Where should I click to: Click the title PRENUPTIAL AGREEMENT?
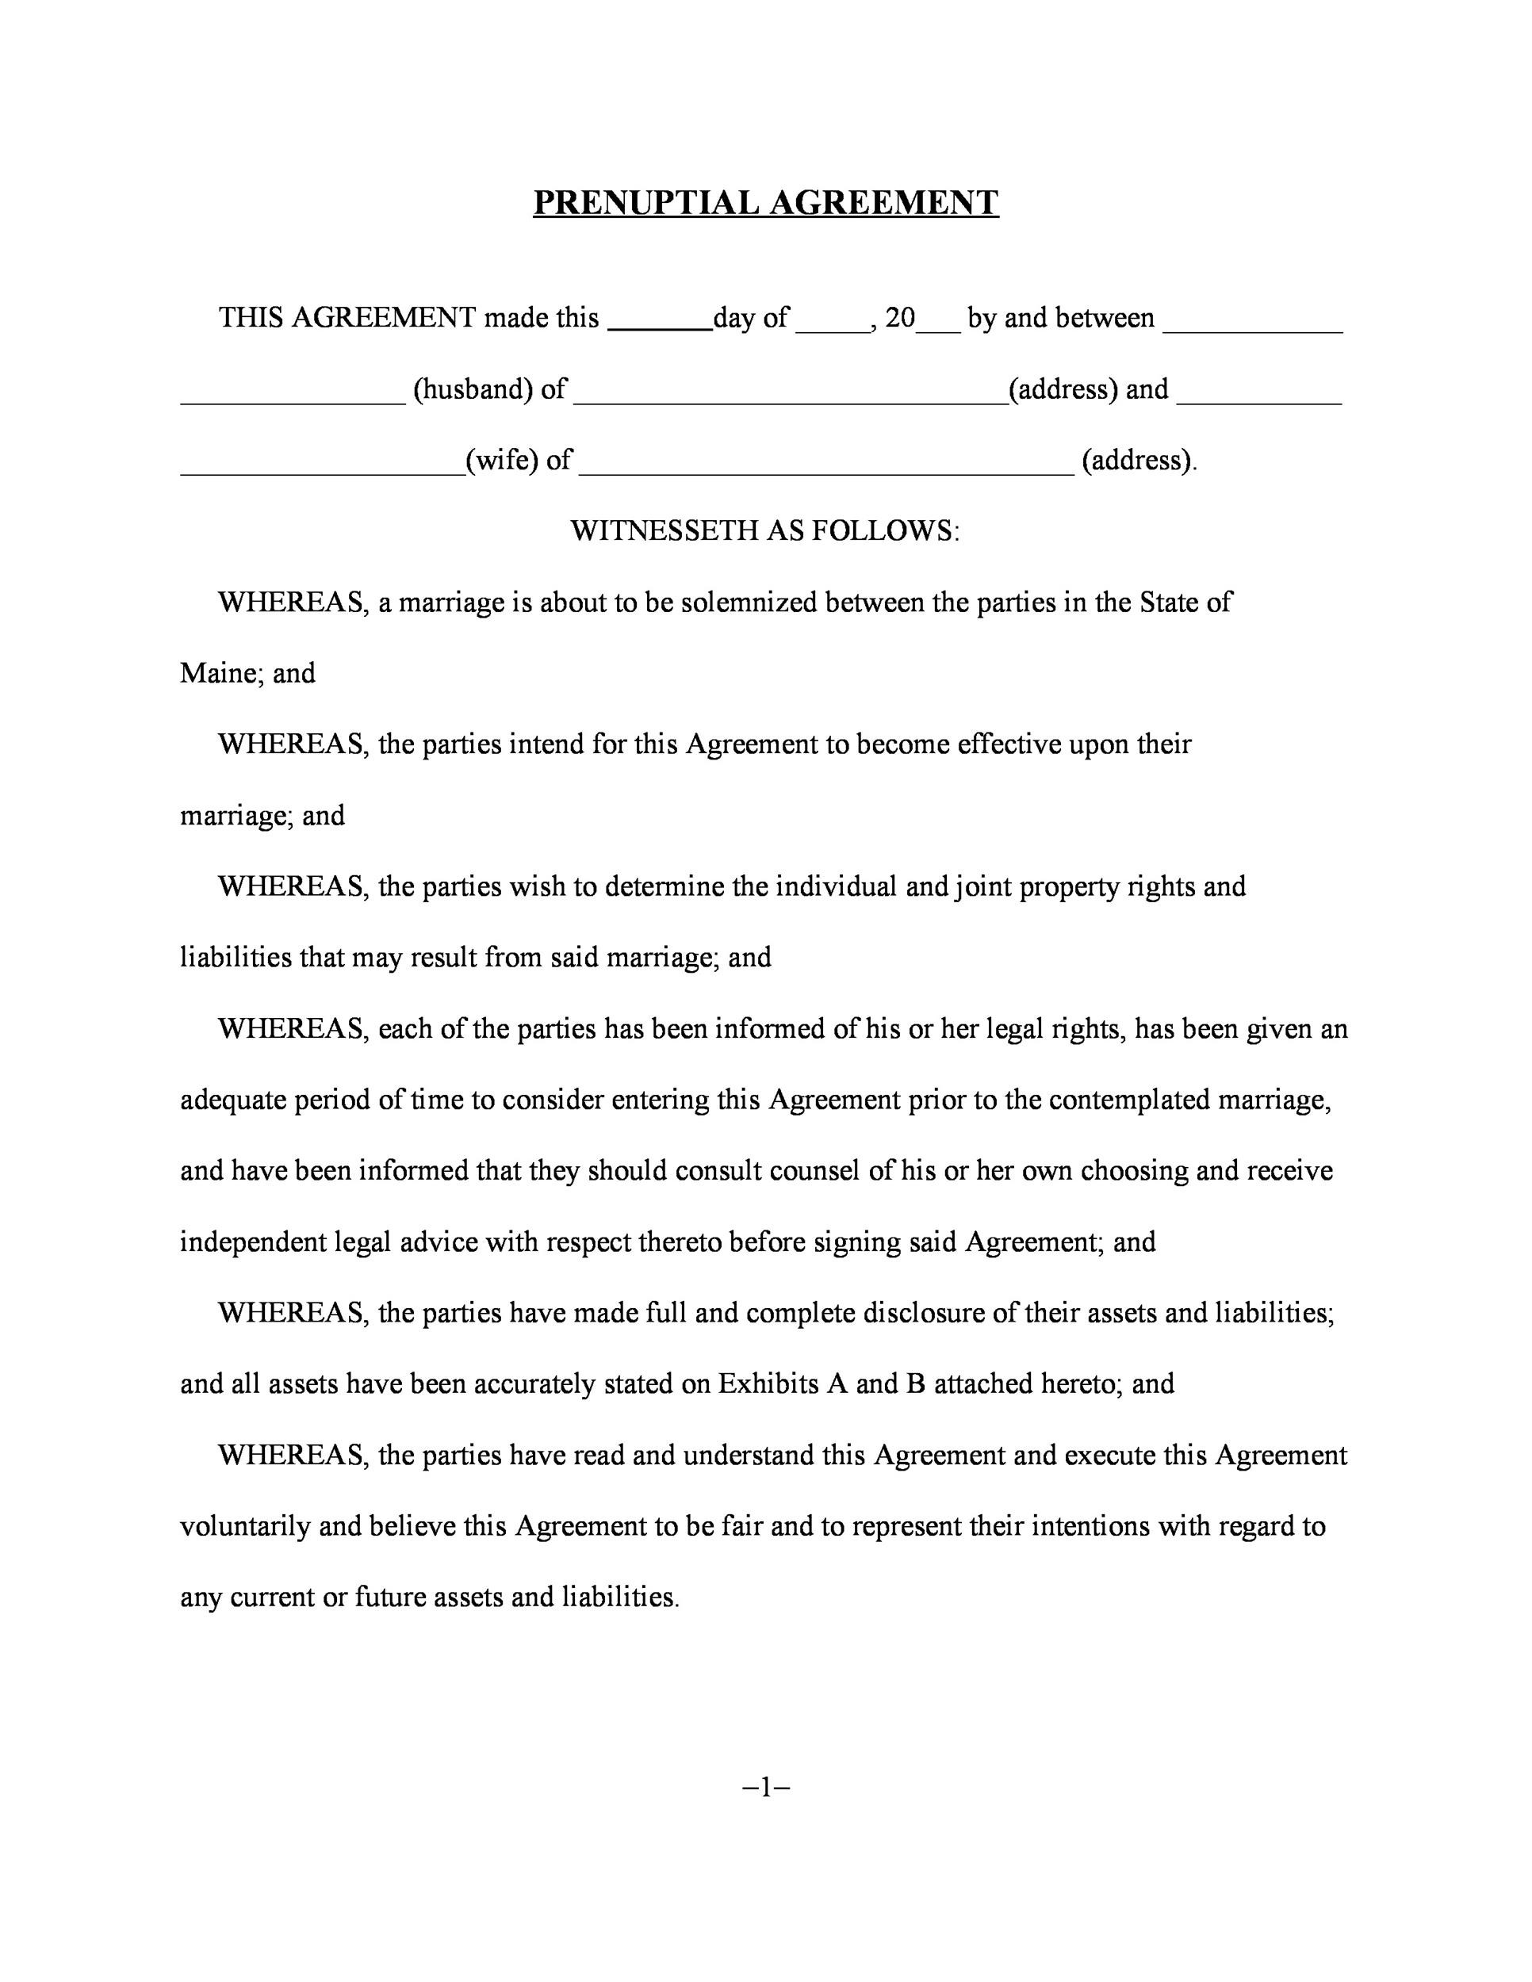(x=765, y=202)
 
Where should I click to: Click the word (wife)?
(x=502, y=460)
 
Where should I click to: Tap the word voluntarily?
(x=245, y=1525)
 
